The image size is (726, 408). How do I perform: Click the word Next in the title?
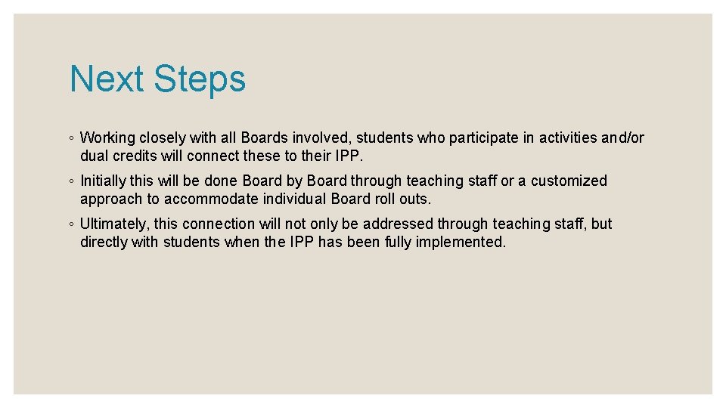[x=107, y=79]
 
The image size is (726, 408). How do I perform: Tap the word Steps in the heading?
[x=200, y=79]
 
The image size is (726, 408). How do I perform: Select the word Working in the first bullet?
[x=107, y=138]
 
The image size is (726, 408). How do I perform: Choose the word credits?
[x=136, y=156]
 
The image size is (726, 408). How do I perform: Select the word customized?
[x=569, y=181]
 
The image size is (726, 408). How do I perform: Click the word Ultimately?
[x=113, y=224]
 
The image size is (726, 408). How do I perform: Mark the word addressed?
[x=398, y=224]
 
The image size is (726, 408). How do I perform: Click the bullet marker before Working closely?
[x=70, y=139]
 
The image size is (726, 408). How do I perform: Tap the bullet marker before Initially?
[x=70, y=182]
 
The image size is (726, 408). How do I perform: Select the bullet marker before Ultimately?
[x=70, y=225]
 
